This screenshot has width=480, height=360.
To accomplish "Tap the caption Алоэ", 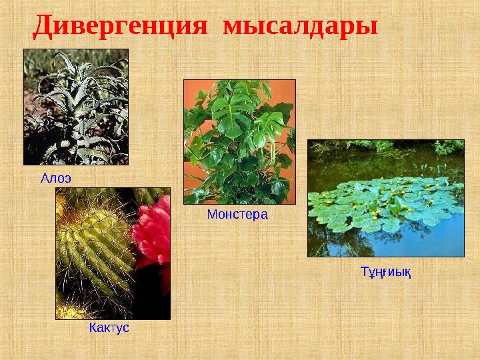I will [55, 178].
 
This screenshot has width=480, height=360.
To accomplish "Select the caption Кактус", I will [109, 329].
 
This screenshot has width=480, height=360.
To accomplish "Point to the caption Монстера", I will [237, 215].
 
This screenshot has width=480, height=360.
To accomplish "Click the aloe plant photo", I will [75, 107].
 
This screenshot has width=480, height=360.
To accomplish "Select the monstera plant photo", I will [239, 141].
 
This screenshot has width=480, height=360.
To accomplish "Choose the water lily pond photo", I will [385, 198].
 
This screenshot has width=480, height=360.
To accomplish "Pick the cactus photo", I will [113, 253].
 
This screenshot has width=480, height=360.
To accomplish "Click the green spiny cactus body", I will [93, 253].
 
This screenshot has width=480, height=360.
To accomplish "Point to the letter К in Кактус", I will [93, 329].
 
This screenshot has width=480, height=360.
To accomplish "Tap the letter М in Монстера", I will [211, 215].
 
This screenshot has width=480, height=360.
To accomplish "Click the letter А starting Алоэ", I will [45, 178].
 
